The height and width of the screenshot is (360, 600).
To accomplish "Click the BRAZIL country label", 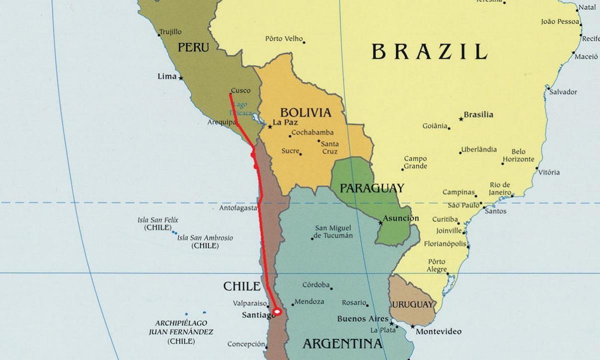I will tap(429, 51).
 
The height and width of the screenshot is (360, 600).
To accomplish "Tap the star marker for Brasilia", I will tap(460, 119).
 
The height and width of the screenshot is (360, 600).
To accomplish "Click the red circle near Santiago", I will tap(277, 311).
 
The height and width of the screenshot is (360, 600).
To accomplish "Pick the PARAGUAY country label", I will tap(371, 188).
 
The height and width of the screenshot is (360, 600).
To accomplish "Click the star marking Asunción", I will tap(380, 223).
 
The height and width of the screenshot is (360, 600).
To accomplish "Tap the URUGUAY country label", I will tap(412, 304).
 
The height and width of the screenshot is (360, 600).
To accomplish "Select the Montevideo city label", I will tap(438, 331).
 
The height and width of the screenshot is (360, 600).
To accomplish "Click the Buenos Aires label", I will tap(362, 318).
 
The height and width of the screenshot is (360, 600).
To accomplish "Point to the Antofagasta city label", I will tap(238, 208).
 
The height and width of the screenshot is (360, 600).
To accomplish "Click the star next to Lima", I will tap(181, 78).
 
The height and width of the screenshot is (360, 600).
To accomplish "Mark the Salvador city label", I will tap(563, 92).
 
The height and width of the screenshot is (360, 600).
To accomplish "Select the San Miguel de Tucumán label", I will tap(333, 231).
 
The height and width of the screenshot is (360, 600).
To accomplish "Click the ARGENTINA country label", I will tap(342, 343).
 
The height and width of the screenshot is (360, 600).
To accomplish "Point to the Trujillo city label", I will tap(170, 32).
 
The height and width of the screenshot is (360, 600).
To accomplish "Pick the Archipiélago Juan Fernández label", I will tap(181, 332).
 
